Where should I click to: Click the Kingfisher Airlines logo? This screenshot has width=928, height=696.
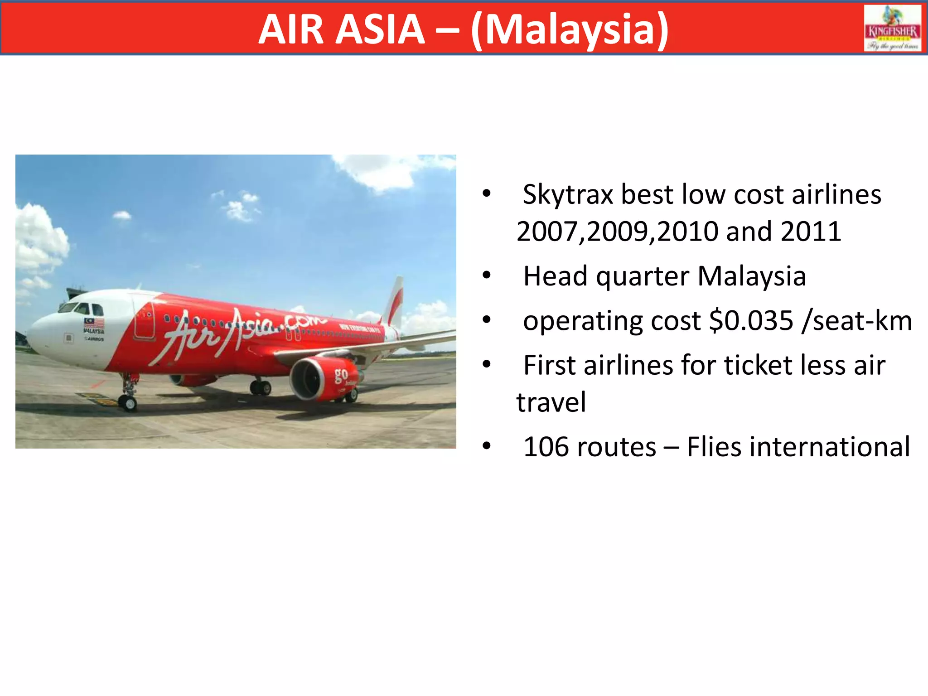tap(892, 28)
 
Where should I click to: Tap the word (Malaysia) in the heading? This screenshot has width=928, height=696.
tap(570, 30)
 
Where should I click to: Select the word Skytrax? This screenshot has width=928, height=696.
tap(568, 195)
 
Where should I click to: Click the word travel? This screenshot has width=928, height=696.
tap(551, 402)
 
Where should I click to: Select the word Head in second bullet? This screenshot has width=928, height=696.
tap(555, 276)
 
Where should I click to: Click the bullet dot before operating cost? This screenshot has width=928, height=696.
tap(487, 320)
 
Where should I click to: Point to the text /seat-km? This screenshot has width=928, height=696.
tap(856, 321)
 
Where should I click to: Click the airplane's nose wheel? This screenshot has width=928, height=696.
tap(128, 402)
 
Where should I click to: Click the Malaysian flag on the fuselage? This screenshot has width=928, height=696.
tap(94, 323)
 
